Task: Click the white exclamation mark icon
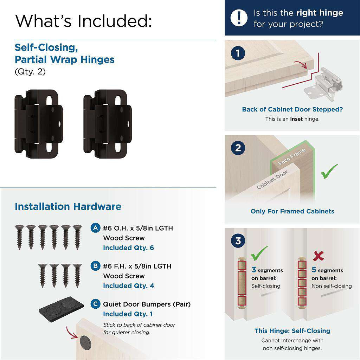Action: [x=239, y=17]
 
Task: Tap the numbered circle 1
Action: [x=238, y=53]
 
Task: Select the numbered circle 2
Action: [x=238, y=148]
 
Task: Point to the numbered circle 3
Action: [x=238, y=241]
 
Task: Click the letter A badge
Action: [x=95, y=227]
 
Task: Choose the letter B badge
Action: [x=95, y=265]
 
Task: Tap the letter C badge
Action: [x=95, y=303]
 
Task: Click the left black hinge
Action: [x=39, y=121]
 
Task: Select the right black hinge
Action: [x=108, y=121]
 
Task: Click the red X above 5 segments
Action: [x=318, y=256]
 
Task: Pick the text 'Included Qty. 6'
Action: [x=128, y=248]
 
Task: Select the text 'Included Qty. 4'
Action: [x=128, y=286]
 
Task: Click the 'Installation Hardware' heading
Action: [x=68, y=206]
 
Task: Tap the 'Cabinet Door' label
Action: [x=272, y=179]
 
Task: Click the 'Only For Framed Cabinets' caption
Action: [x=292, y=211]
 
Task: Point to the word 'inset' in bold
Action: [x=296, y=119]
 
